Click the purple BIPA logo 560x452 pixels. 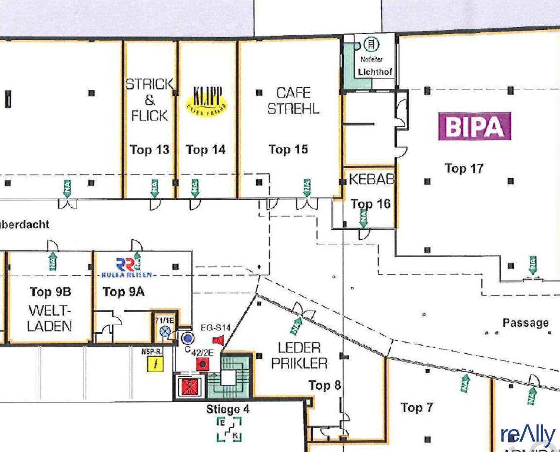point(474,126)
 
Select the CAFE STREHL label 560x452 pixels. point(293,100)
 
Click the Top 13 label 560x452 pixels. point(149,149)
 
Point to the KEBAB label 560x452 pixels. point(371,179)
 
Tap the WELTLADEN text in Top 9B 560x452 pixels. point(49,318)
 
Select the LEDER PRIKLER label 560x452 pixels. point(299,355)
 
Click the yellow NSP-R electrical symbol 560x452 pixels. point(156,364)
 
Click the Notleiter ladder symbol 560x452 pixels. point(371,44)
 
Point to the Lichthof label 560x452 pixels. point(375,72)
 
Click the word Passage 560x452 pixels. point(526,323)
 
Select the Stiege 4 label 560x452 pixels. point(228,409)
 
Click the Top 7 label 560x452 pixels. point(417,407)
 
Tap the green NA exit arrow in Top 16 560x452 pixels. point(363,218)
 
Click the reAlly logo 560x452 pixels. point(528,436)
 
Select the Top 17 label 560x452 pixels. point(464,168)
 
